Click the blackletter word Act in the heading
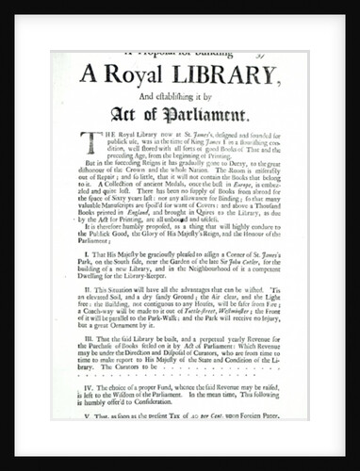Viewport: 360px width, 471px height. click(x=125, y=117)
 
